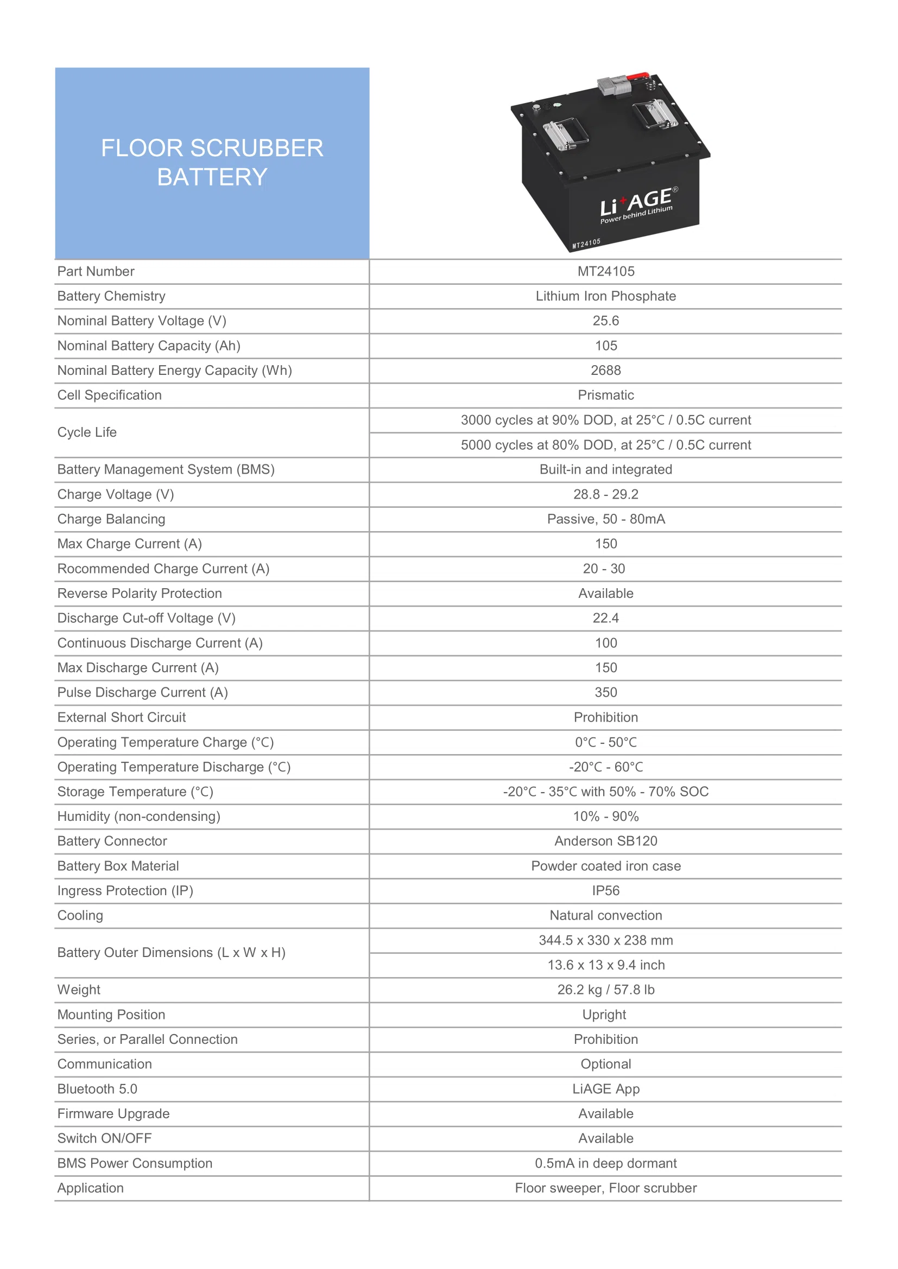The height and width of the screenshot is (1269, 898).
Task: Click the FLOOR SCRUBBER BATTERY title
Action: (212, 163)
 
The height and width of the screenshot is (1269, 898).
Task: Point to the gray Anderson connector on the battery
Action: (615, 86)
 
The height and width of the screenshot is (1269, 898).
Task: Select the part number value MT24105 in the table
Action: (605, 271)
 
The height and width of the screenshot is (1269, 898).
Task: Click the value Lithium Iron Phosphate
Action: (605, 296)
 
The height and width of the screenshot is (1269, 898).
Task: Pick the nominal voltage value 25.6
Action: (605, 321)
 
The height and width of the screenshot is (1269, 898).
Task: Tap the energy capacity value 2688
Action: (605, 371)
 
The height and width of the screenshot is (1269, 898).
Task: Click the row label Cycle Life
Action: (87, 432)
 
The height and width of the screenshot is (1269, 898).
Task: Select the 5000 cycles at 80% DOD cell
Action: (605, 445)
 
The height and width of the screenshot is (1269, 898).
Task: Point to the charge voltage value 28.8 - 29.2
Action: (605, 494)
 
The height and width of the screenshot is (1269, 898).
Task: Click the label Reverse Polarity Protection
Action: (140, 593)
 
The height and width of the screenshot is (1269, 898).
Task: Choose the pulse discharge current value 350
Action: (605, 692)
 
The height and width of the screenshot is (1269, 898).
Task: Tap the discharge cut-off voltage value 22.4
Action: (605, 618)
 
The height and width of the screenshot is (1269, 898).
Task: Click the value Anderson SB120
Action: (605, 841)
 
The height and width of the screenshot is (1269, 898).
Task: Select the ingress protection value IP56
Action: (605, 890)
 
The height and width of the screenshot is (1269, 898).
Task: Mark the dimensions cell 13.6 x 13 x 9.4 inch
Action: (605, 965)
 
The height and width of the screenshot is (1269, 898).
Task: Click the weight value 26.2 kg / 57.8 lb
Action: (605, 990)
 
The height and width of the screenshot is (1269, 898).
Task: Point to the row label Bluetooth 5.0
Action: (97, 1089)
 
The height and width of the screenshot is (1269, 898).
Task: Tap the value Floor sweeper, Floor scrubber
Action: (605, 1188)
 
